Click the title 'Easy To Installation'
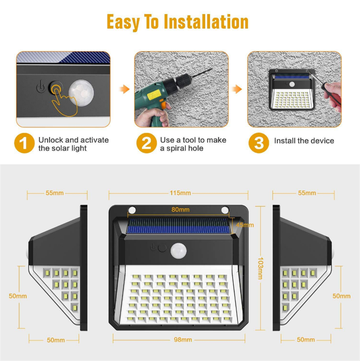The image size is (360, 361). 177,22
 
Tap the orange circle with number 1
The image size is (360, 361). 25,144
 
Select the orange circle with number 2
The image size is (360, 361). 147,144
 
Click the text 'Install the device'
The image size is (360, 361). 304,141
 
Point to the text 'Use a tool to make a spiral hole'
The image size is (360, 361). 193,144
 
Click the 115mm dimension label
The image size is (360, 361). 179,193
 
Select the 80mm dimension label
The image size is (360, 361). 180,209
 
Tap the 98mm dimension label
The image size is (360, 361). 179,340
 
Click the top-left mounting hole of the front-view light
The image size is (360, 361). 133,210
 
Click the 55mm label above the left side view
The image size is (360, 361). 54,193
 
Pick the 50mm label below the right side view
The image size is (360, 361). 306,340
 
